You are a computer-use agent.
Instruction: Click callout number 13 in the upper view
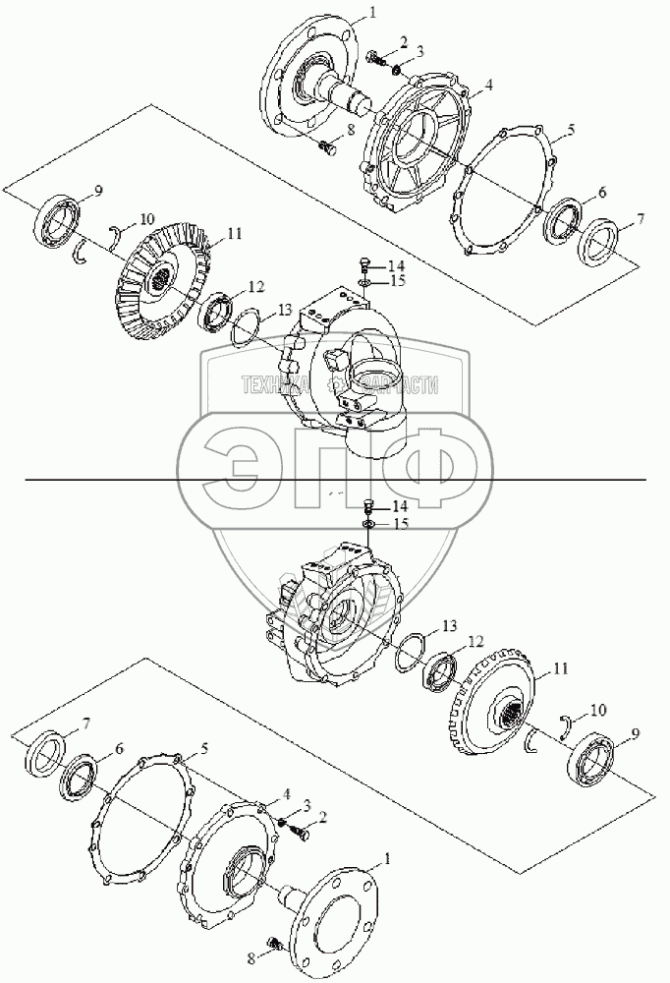285,310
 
